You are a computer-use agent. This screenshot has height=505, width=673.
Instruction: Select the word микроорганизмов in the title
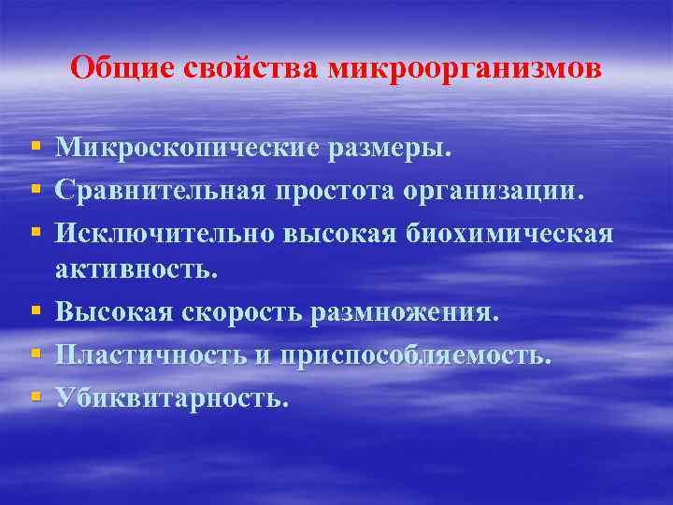(x=465, y=69)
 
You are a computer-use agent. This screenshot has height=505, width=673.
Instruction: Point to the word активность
(x=136, y=269)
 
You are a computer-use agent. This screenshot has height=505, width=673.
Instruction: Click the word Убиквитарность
(x=167, y=397)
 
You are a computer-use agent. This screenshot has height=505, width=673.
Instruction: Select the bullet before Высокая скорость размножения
(x=36, y=310)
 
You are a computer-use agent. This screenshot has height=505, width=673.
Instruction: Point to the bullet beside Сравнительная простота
(x=36, y=190)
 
